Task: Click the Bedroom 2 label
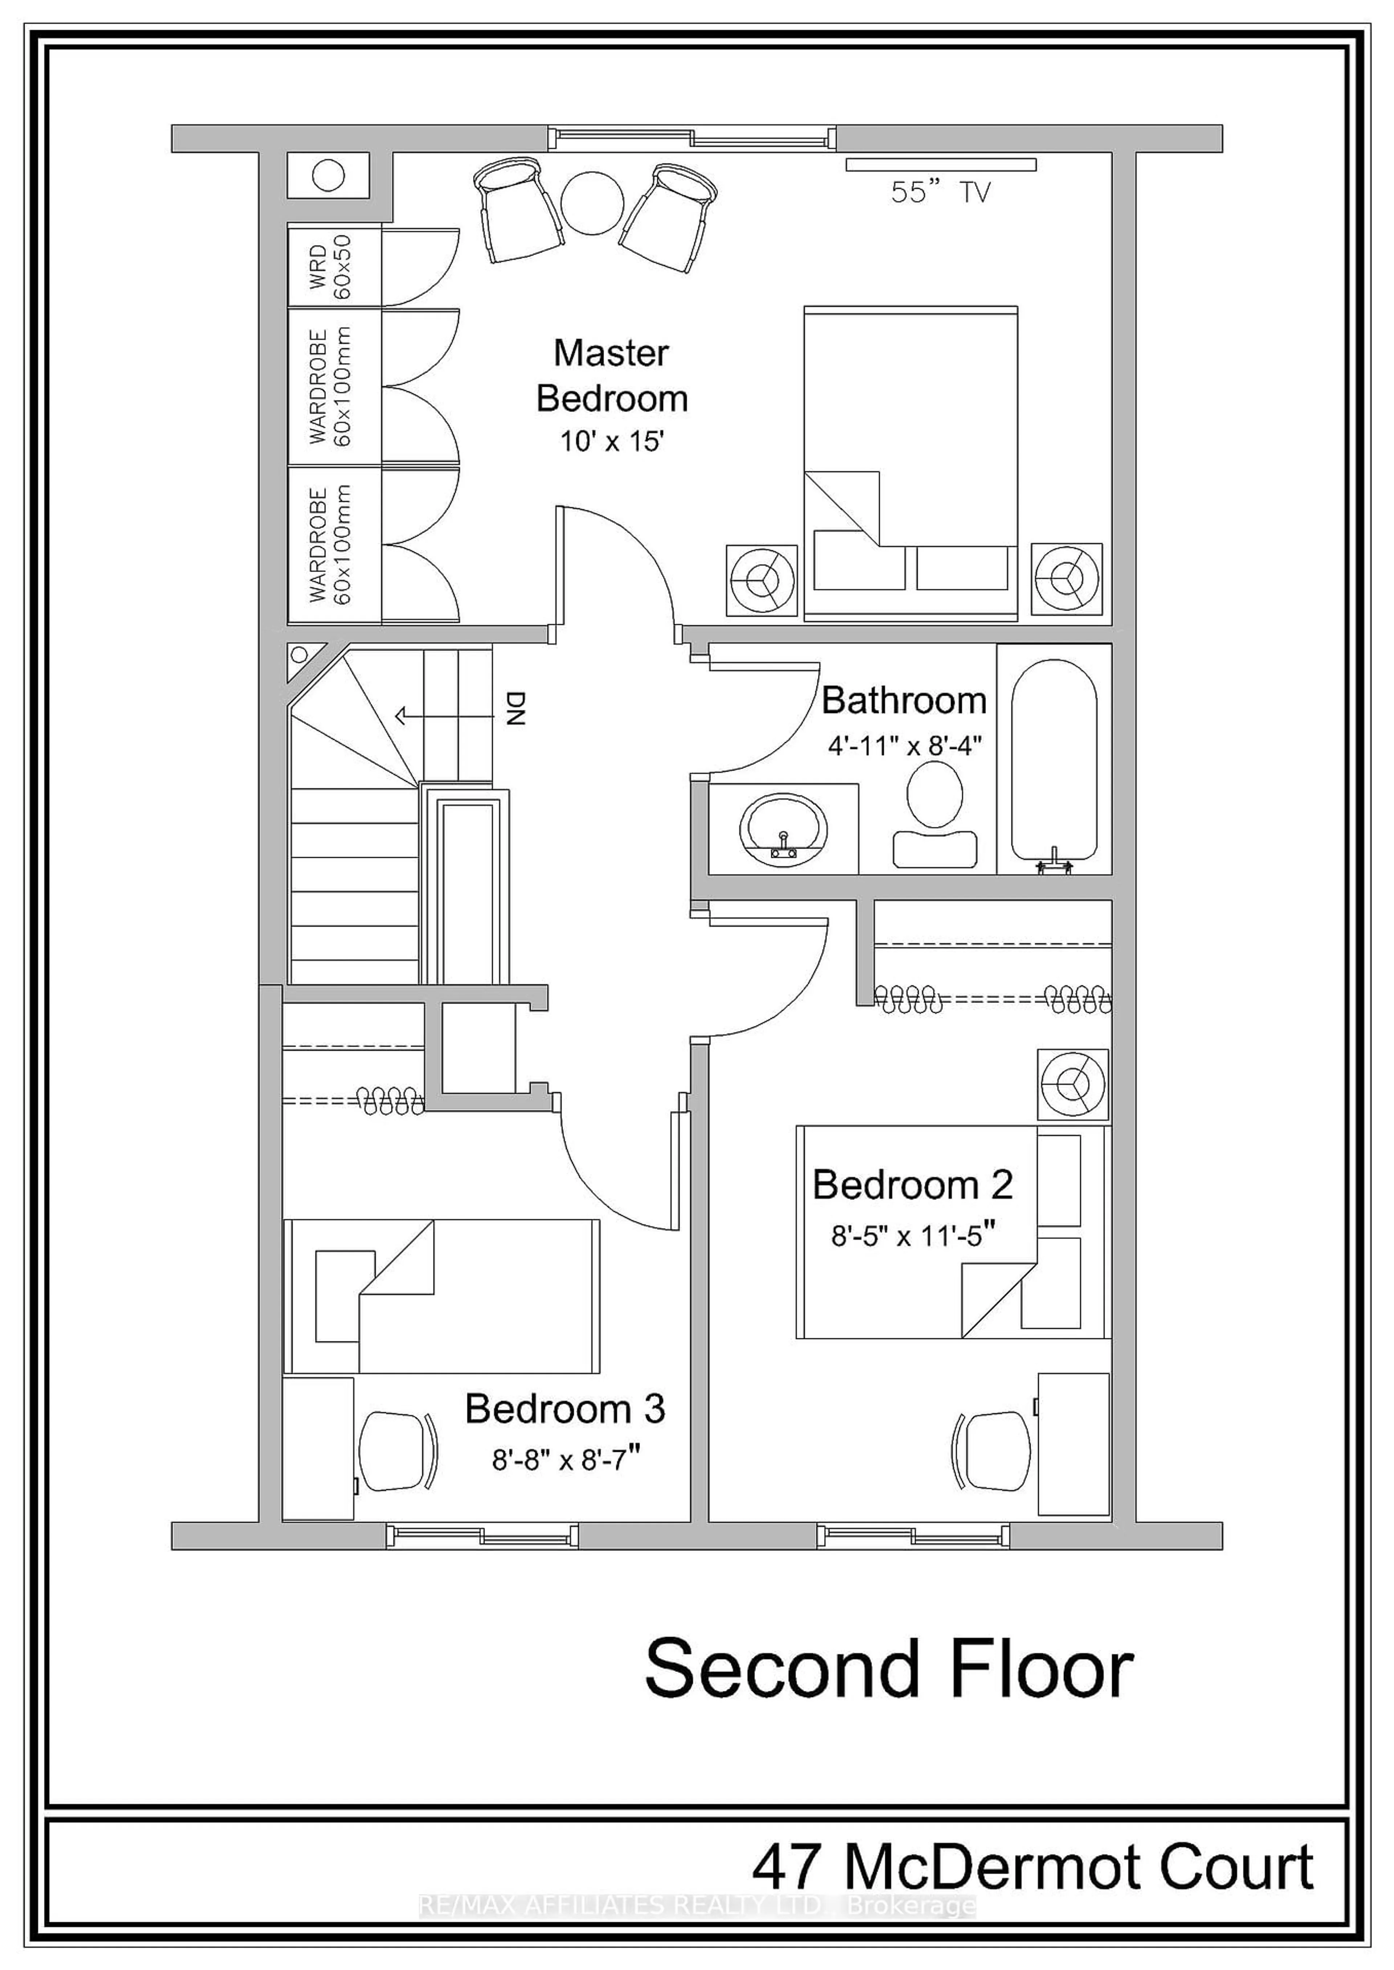tap(912, 1185)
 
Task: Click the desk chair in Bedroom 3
tap(396, 1452)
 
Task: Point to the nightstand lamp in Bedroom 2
tap(1072, 1084)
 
